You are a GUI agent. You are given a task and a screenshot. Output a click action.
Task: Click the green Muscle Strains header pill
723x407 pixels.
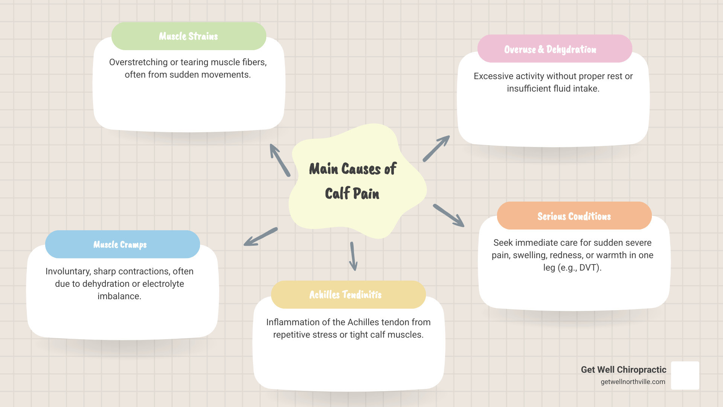[x=189, y=36]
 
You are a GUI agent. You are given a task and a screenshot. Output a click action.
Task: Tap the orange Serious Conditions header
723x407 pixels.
[x=574, y=216]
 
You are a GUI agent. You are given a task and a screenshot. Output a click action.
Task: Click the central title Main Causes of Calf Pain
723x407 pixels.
[x=353, y=181]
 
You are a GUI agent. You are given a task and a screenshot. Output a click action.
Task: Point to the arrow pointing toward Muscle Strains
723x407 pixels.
[x=280, y=160]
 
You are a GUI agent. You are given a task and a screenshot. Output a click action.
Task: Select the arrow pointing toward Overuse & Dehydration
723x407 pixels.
[x=436, y=148]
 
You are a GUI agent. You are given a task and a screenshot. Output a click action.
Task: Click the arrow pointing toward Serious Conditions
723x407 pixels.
[x=448, y=216]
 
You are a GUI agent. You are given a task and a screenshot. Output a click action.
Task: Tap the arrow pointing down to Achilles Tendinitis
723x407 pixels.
[x=353, y=256]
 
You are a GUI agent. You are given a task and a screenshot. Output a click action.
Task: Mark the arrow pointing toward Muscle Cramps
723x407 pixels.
[x=261, y=237]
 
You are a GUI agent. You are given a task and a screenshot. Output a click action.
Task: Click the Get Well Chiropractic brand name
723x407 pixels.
[x=623, y=370]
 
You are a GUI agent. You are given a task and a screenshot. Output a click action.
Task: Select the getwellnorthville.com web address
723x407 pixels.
[x=633, y=382]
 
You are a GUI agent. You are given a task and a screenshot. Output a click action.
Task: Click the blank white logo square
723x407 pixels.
[x=685, y=375]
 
